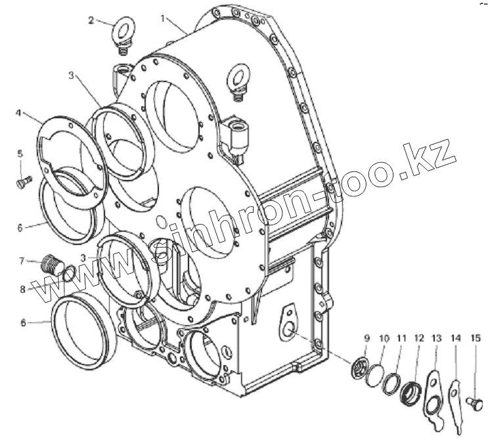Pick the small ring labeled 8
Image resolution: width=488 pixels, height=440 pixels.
[66, 271]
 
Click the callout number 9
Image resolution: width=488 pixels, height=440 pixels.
[367, 338]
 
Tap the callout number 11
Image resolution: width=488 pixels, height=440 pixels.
[401, 338]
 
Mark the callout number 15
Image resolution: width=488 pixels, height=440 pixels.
[476, 338]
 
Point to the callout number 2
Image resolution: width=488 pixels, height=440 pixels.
[91, 19]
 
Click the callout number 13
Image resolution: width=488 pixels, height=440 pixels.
[436, 338]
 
